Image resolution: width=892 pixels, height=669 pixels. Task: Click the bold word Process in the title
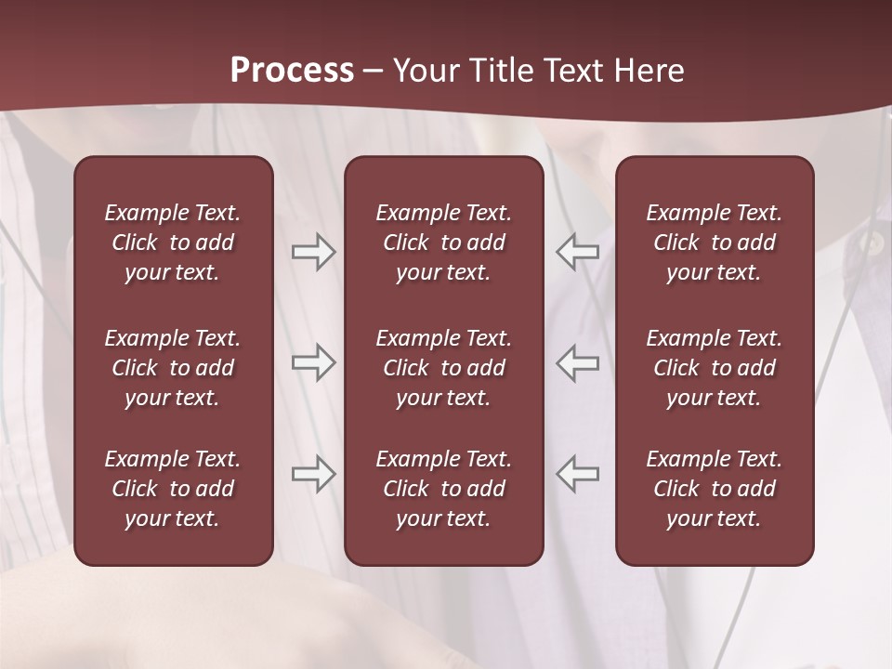point(292,71)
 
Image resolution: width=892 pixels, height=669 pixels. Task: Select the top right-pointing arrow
point(314,252)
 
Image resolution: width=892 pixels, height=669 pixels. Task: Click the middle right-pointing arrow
point(314,362)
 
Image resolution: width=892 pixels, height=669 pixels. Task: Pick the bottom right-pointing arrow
point(314,474)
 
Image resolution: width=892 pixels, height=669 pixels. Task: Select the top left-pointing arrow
point(577,252)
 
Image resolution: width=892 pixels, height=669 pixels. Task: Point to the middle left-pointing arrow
point(577,362)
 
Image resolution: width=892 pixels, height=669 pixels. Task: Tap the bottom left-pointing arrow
point(577,474)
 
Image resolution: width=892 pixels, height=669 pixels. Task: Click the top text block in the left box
point(173,243)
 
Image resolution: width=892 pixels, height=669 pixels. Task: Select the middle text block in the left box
point(173,368)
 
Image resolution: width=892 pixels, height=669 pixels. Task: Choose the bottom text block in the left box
point(173,489)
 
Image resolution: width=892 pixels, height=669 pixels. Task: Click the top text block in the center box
point(443,243)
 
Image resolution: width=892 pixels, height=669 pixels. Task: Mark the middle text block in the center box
point(443,368)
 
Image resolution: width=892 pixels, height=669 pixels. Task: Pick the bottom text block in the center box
point(443,489)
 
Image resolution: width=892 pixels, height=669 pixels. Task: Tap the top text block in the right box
point(714,243)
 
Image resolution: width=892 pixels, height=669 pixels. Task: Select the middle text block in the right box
point(714,368)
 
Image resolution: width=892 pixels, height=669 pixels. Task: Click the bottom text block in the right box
point(714,489)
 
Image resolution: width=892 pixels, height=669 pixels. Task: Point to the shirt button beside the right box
point(872,243)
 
